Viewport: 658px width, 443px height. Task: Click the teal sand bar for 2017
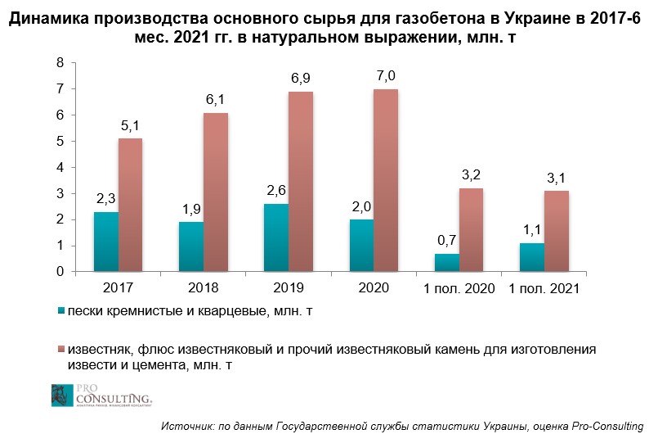point(105,242)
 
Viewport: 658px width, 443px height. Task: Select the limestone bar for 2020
point(386,180)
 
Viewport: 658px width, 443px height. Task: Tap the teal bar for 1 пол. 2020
point(447,262)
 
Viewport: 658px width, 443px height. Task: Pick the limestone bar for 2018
point(216,192)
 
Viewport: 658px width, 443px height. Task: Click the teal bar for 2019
point(275,237)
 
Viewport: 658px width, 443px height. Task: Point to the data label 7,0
point(386,76)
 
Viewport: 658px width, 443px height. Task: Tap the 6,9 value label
point(301,79)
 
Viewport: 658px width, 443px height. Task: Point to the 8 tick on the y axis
point(60,62)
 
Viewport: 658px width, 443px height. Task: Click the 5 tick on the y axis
point(60,141)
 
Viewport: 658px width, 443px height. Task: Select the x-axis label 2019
point(289,288)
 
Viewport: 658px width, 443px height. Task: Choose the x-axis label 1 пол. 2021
point(544,288)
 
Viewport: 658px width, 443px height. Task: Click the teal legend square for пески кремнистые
point(62,311)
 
